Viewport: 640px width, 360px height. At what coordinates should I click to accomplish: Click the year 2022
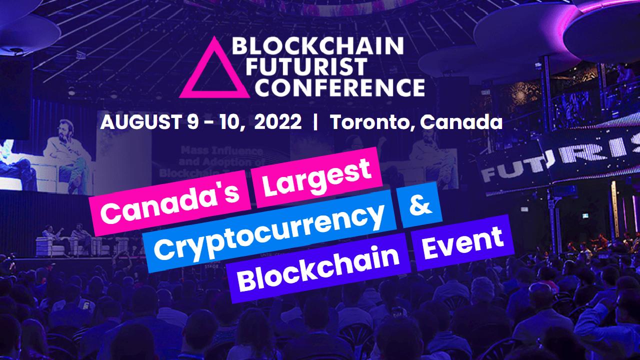[x=277, y=122]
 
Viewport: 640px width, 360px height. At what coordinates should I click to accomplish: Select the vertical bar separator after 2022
[x=315, y=122]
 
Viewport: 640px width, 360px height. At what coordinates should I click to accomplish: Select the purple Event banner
[x=462, y=242]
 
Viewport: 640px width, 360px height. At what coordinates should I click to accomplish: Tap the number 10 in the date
[x=230, y=122]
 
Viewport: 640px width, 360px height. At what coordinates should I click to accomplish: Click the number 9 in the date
[x=193, y=122]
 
